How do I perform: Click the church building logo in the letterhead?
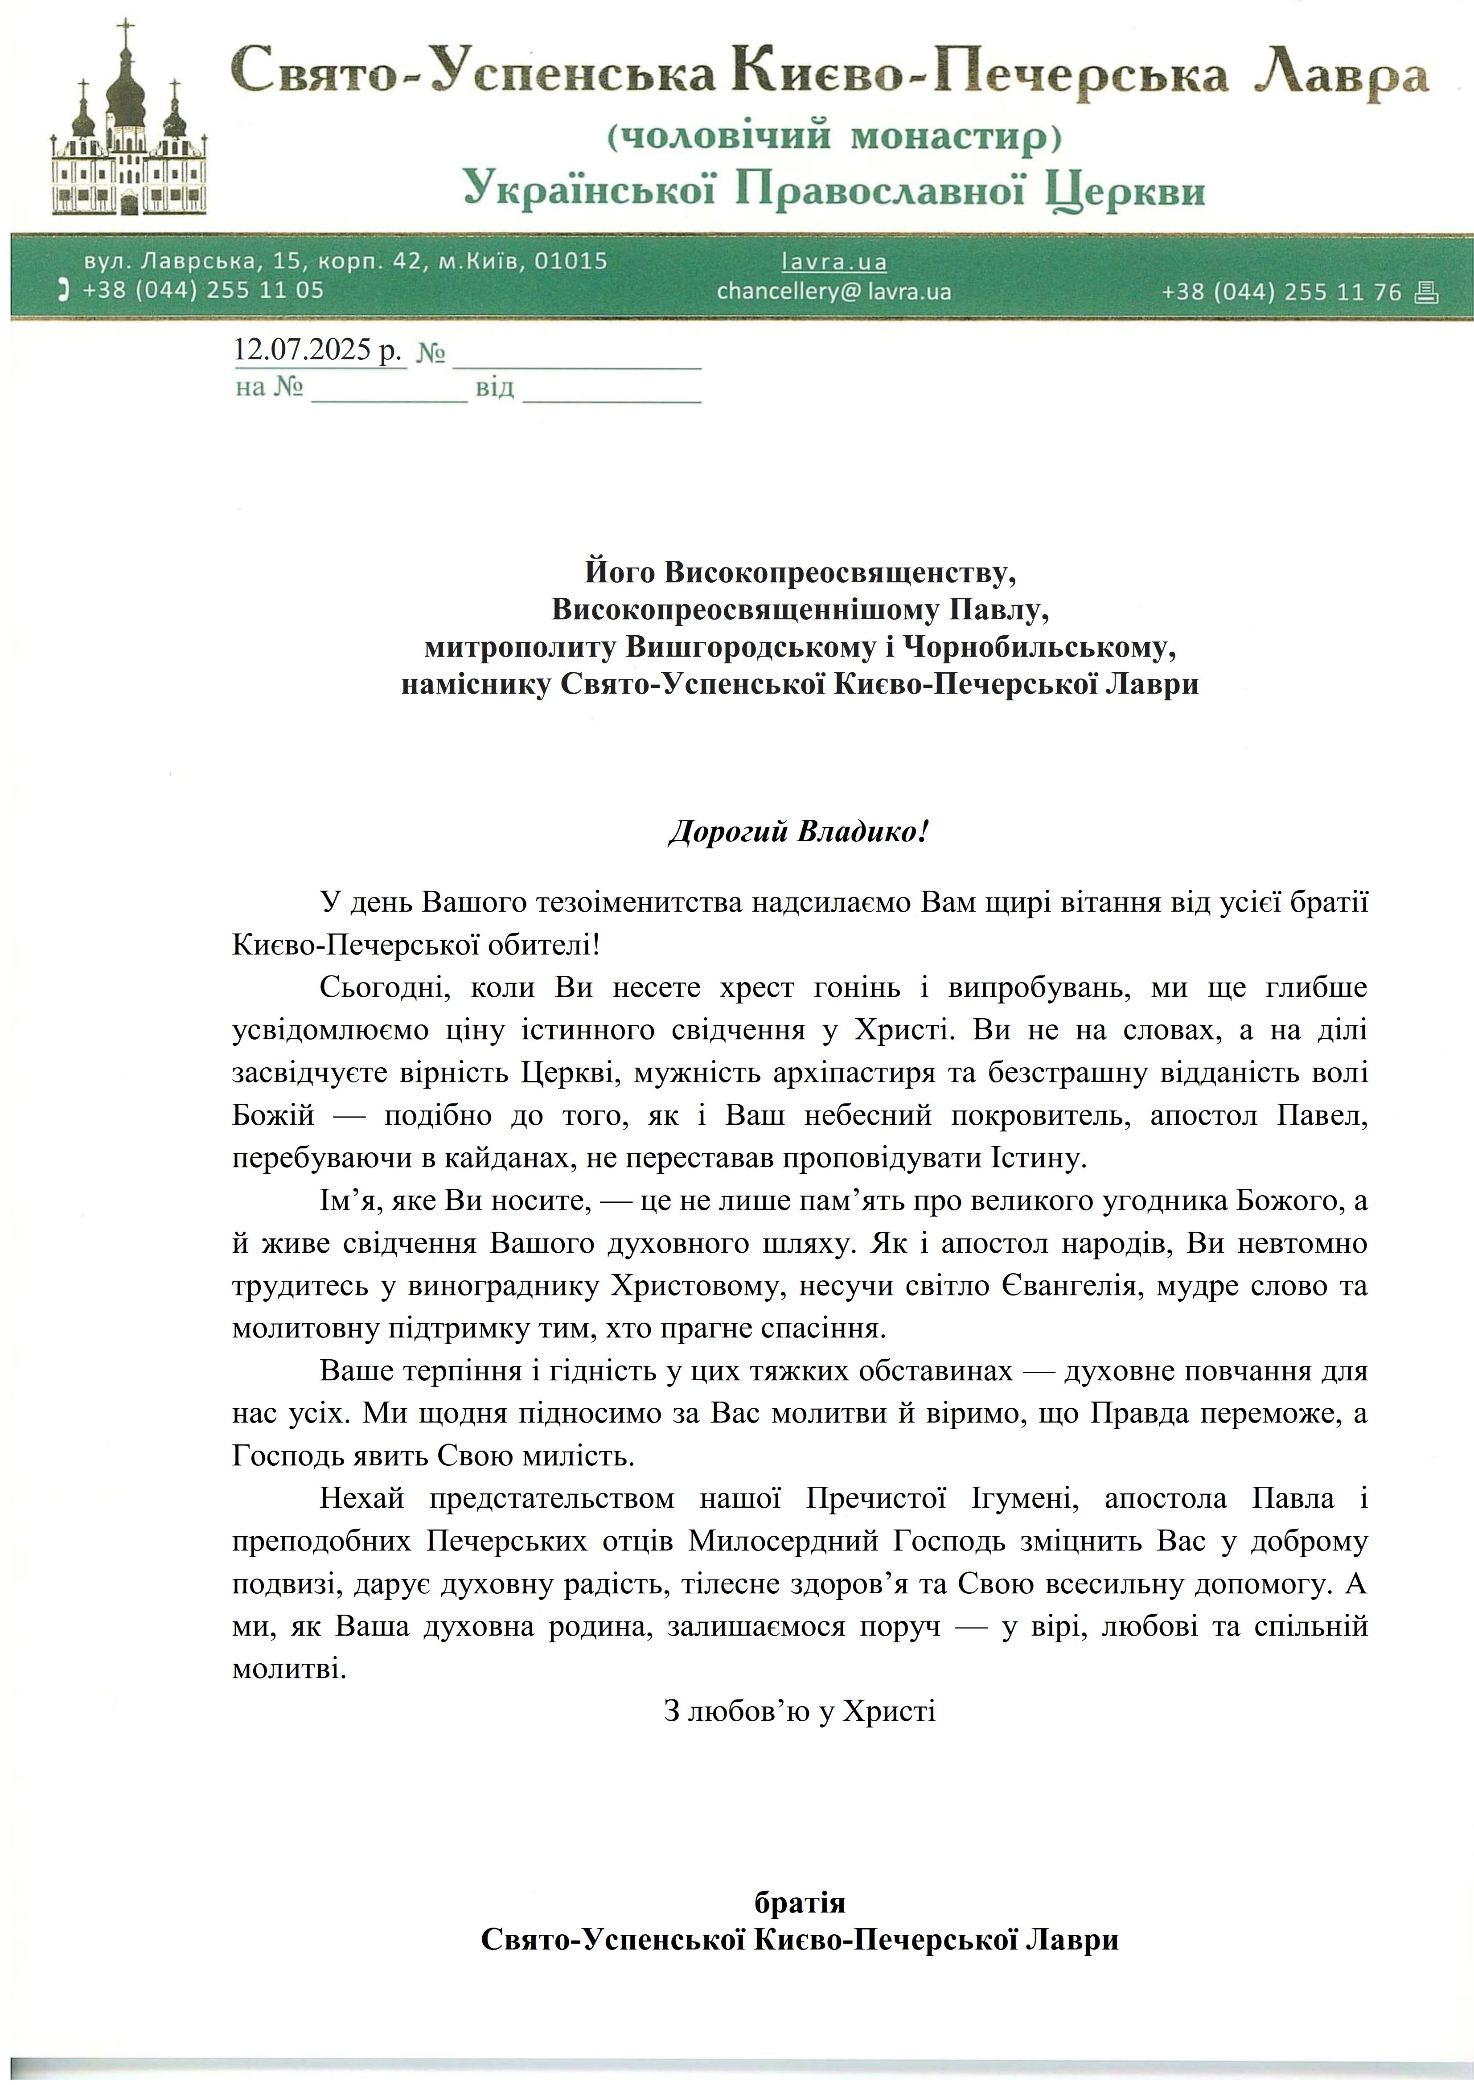(129, 123)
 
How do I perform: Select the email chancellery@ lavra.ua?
(834, 292)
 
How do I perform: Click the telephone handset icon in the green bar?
(63, 291)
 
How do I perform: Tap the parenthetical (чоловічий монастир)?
(834, 136)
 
